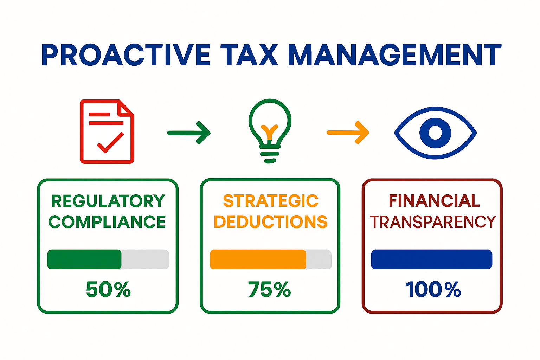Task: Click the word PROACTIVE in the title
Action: click(x=126, y=55)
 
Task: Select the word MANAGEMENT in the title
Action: click(x=394, y=55)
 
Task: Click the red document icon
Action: click(x=107, y=132)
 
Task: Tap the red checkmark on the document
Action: click(x=110, y=143)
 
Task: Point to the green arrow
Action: click(x=189, y=133)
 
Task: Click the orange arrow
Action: click(x=348, y=133)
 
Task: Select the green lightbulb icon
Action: click(x=270, y=130)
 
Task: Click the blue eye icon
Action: click(x=435, y=133)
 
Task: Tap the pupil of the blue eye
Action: click(x=435, y=133)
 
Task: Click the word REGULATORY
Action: click(x=108, y=201)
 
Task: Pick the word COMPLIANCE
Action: click(x=107, y=222)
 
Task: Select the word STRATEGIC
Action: click(x=271, y=201)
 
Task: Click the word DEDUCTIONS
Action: click(x=270, y=222)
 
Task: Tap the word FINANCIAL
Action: click(x=434, y=201)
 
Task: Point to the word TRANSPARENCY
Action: click(x=432, y=222)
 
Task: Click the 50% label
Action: click(x=108, y=290)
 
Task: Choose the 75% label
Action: click(x=270, y=290)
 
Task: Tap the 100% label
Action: click(x=433, y=290)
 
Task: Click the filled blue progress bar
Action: click(x=431, y=259)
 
